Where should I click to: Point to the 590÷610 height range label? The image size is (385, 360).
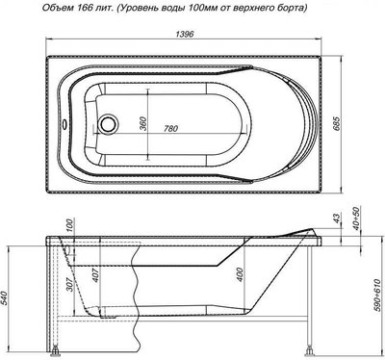pos(374,290)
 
